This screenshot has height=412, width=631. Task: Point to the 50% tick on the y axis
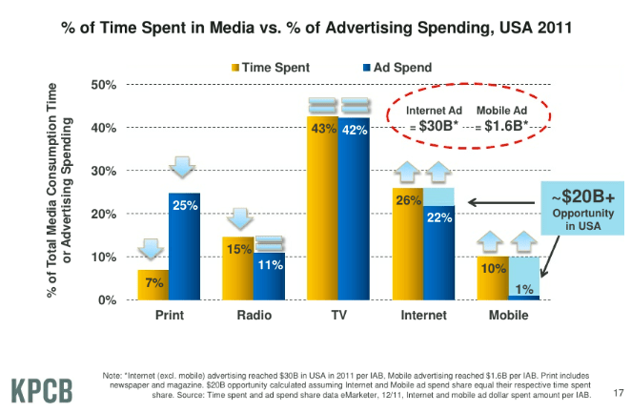tap(103, 85)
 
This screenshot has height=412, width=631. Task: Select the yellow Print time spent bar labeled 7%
tap(153, 285)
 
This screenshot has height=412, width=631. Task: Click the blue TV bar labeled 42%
tap(354, 210)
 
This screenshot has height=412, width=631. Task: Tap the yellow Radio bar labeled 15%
tap(238, 268)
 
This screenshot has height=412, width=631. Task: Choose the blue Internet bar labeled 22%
tap(438, 253)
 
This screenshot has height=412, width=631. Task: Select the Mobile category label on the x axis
tap(507, 315)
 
